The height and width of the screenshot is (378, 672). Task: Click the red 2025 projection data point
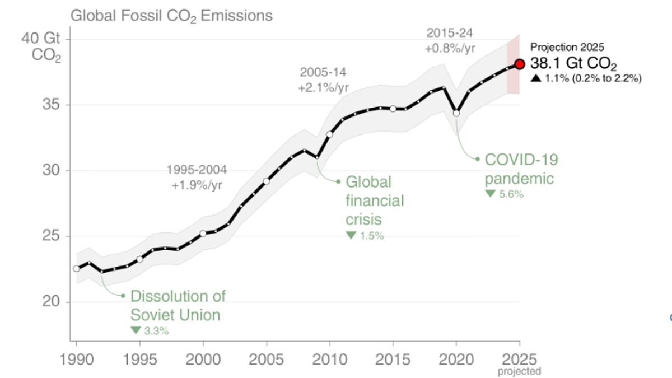pos(520,64)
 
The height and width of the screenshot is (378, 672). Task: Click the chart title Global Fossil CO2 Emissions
pos(171,15)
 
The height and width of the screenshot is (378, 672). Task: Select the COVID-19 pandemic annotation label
pos(521,169)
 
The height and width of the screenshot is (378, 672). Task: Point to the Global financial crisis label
pos(375,200)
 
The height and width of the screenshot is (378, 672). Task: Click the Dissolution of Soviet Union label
pos(178,305)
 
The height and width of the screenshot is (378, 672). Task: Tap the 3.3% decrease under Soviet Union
pos(150,330)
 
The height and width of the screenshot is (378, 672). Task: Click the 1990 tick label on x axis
pos(76,359)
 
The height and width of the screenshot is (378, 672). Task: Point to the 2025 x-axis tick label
pos(519,359)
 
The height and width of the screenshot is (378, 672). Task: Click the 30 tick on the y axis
pos(51,170)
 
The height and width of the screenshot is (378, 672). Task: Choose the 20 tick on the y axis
pos(51,301)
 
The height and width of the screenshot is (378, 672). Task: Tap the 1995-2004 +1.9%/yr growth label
pos(197,177)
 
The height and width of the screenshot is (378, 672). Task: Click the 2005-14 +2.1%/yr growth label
pos(324,80)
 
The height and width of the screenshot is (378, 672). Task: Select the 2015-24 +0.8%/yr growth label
pos(450,40)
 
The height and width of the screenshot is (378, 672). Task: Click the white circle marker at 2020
pos(456,113)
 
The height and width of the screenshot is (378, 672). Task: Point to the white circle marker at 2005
pos(267,181)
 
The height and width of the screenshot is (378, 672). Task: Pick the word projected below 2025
pos(519,371)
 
